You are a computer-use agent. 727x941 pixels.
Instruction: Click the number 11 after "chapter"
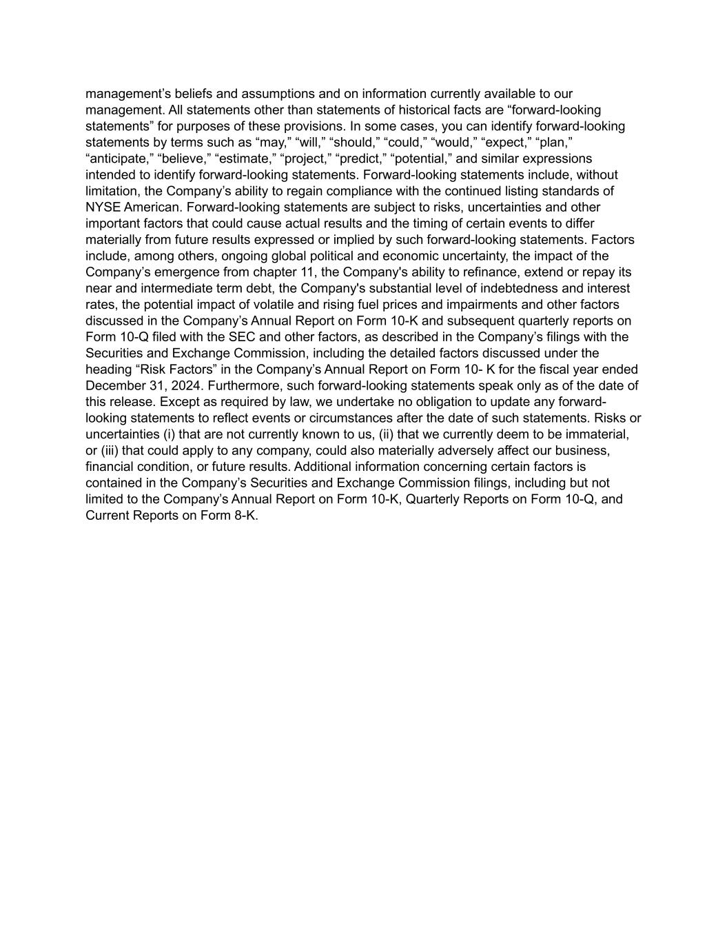click(x=320, y=272)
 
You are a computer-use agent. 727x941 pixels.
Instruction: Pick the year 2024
click(x=185, y=386)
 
